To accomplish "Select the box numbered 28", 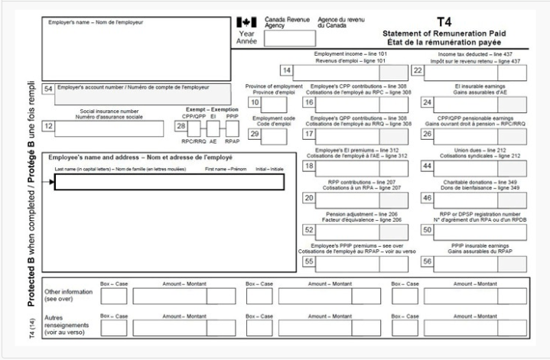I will pyautogui.click(x=181, y=126).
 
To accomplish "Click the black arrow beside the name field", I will pyautogui.click(x=51, y=182).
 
